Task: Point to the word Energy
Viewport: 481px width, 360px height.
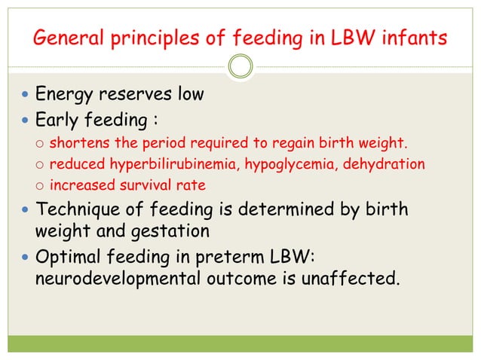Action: (x=66, y=96)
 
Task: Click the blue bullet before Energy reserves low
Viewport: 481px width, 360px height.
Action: (x=26, y=96)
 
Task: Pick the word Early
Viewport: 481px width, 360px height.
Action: (x=59, y=120)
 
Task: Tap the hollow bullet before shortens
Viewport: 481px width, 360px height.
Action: (x=40, y=144)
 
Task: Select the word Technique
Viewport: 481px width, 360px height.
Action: (x=77, y=208)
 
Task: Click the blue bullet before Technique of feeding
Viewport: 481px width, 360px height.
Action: (x=26, y=209)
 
